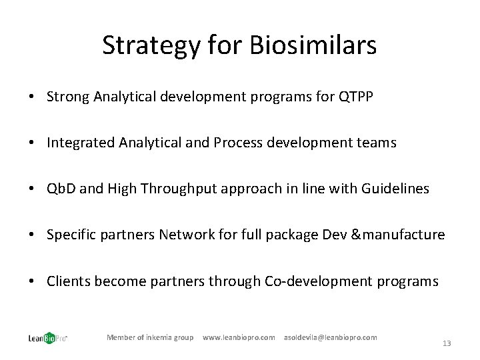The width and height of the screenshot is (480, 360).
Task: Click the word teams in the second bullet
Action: (377, 143)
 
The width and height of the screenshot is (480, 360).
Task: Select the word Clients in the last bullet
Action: (69, 281)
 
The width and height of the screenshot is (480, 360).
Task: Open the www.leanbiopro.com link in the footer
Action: (239, 337)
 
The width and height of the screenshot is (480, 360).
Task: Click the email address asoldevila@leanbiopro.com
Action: (330, 337)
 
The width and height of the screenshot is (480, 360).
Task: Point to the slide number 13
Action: (447, 343)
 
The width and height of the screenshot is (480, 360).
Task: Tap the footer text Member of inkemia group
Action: (150, 337)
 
